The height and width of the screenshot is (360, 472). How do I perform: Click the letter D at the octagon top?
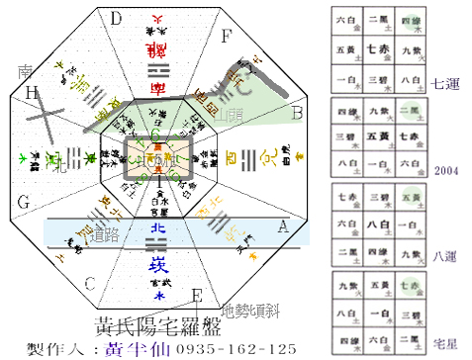coord(116,18)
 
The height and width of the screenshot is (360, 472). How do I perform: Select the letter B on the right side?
coord(295,113)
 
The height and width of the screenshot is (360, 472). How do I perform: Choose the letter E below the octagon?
coord(197,295)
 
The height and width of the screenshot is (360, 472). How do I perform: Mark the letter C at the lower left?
coord(89,284)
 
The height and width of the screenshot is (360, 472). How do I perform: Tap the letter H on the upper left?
coord(32,92)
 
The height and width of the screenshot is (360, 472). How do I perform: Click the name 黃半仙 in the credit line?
coord(132,349)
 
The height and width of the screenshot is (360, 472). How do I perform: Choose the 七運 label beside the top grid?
coord(444,83)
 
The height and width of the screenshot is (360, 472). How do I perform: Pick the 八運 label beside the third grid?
coord(444,255)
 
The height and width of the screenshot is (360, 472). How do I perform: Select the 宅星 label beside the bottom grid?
coord(444,340)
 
